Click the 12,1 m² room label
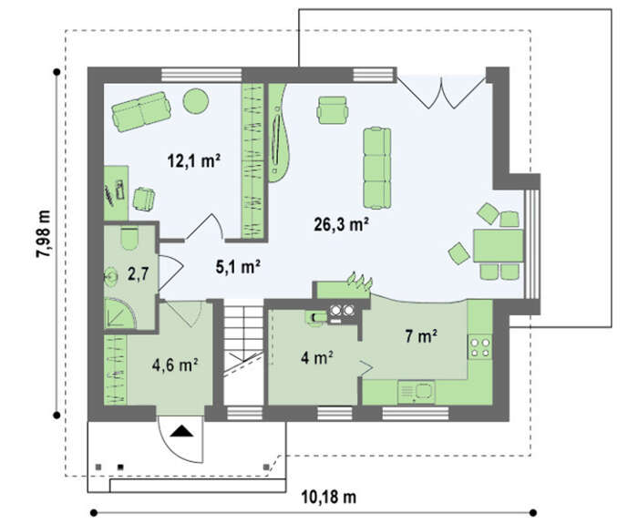[194, 160]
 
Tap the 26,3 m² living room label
[342, 224]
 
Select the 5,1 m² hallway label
[238, 267]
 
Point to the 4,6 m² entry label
[175, 365]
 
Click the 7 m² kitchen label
[421, 336]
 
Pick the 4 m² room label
[317, 357]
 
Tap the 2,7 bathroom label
[137, 274]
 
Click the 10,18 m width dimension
[329, 497]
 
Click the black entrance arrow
[181, 431]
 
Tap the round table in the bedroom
[196, 101]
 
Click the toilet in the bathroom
[129, 239]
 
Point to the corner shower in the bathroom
[119, 313]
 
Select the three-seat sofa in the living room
[376, 168]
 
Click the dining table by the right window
[498, 246]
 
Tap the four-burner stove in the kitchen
[479, 347]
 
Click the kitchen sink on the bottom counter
[417, 392]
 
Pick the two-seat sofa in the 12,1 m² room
[141, 111]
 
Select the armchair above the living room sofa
[333, 109]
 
